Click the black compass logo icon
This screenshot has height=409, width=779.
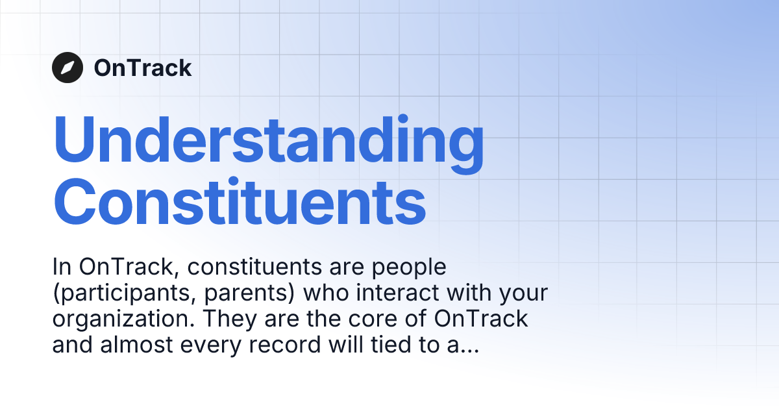click(x=68, y=68)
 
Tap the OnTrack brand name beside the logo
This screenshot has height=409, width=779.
click(x=143, y=68)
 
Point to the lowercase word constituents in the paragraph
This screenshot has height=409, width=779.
click(x=235, y=267)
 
